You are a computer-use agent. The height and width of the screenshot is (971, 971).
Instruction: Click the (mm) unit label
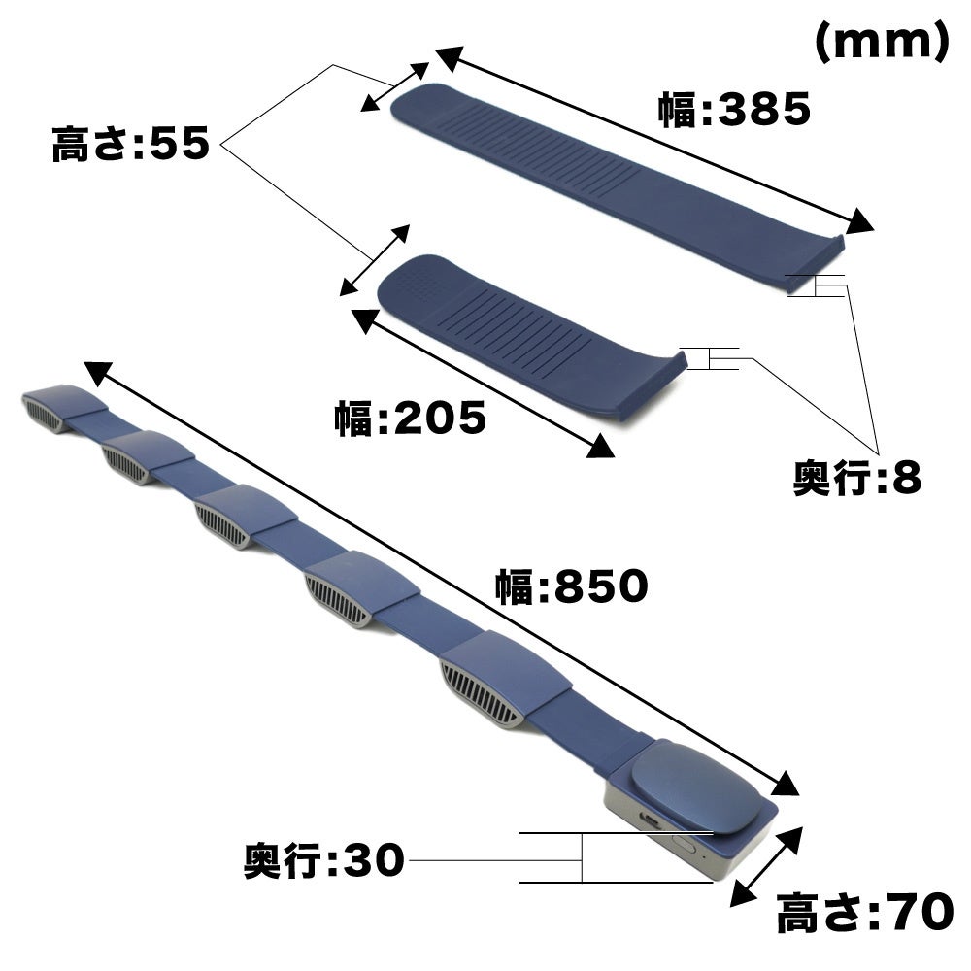click(882, 42)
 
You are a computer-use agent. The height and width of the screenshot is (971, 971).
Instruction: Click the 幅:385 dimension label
click(734, 110)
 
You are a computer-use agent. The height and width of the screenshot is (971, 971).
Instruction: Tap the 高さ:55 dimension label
click(131, 144)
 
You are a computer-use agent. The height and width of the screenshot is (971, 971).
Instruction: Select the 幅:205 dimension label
click(411, 418)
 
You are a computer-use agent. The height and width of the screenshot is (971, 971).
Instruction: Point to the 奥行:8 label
click(857, 478)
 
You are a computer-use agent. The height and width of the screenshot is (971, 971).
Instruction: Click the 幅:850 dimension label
click(572, 586)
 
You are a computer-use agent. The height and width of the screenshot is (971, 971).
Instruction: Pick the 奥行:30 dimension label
click(324, 860)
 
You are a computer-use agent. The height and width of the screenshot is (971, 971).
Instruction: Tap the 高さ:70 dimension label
click(865, 912)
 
